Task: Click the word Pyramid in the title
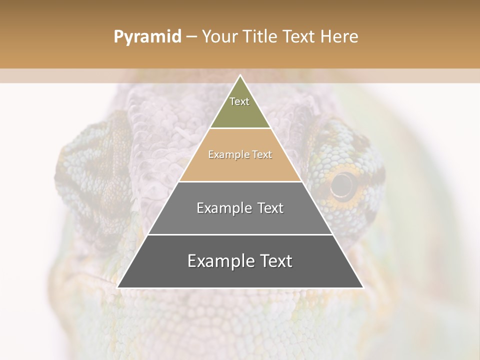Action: click(147, 37)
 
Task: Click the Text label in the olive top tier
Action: click(239, 101)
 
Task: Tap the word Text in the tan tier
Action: click(261, 154)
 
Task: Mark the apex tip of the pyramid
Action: click(240, 75)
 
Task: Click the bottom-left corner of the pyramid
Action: click(118, 287)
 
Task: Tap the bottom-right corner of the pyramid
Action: click(362, 287)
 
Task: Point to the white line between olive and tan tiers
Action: click(240, 128)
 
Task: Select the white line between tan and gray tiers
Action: click(240, 181)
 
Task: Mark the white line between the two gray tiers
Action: click(240, 234)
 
